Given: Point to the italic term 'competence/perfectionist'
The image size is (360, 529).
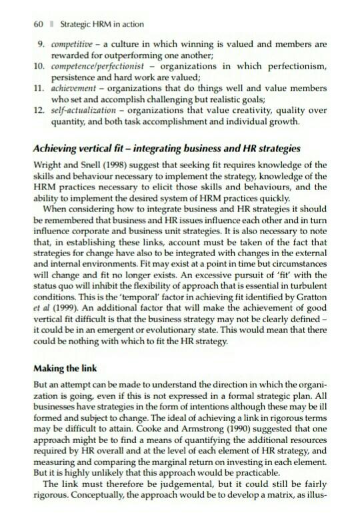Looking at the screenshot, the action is pos(99,67).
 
